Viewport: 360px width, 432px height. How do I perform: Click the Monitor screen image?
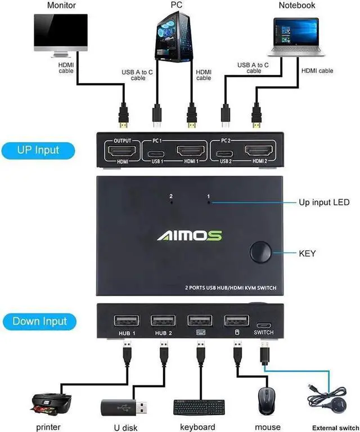[61, 33]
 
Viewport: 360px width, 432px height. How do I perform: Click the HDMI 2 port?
[258, 151]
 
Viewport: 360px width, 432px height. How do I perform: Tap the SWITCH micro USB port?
[263, 325]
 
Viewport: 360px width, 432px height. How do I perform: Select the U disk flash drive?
[125, 406]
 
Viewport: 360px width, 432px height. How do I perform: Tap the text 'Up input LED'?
[323, 202]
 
